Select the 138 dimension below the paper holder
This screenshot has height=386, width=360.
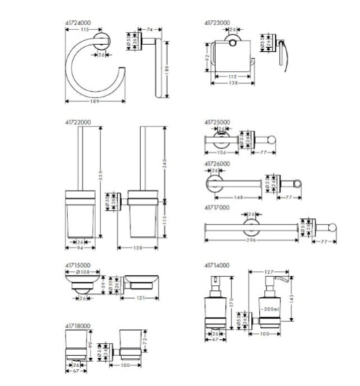(x=241, y=83)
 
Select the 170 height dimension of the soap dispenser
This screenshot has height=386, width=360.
(x=248, y=305)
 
